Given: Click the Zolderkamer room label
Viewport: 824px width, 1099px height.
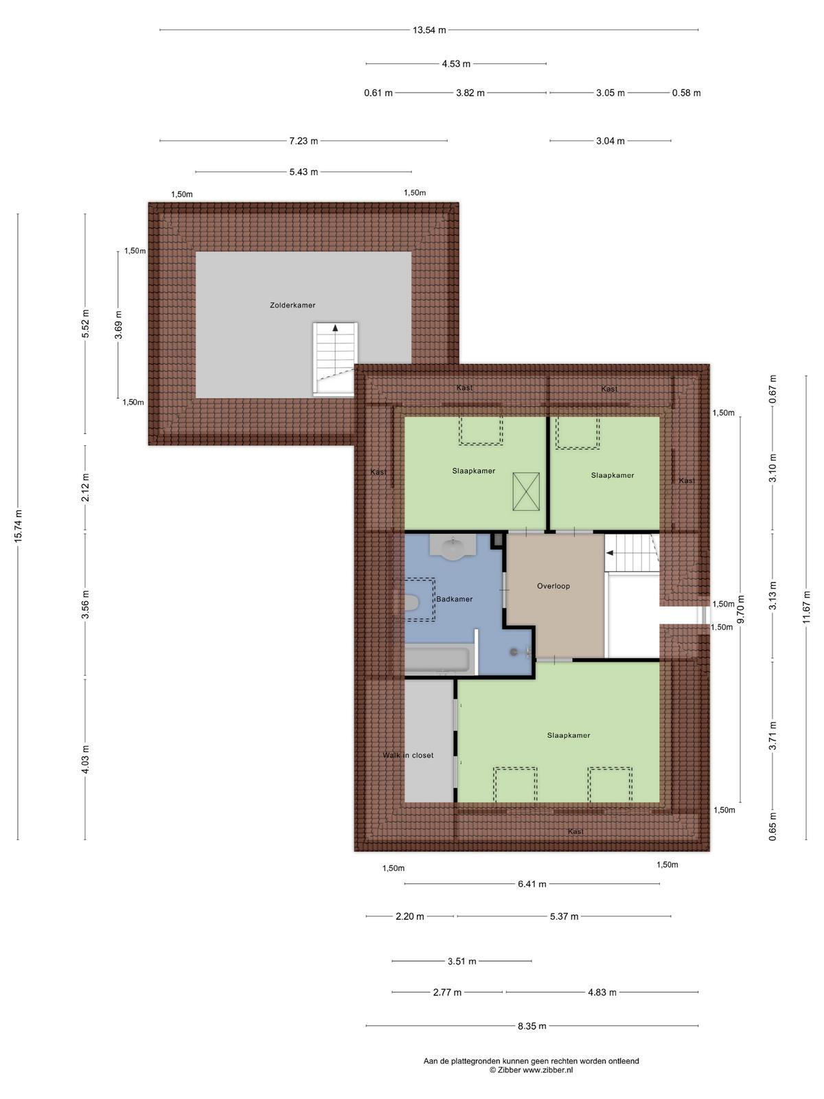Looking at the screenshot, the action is click(293, 305).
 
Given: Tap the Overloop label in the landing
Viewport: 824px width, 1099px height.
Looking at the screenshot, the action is click(553, 586).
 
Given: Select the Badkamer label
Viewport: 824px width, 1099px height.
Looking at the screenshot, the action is click(455, 599).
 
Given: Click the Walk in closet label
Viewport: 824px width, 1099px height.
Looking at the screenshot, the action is click(409, 755).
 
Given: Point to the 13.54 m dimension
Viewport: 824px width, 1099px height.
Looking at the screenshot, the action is click(429, 30).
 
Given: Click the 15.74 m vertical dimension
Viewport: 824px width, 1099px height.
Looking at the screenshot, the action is click(19, 525).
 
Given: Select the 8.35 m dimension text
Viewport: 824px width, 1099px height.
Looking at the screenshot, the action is click(531, 1026).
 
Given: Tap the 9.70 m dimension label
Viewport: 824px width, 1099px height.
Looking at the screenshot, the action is click(741, 609).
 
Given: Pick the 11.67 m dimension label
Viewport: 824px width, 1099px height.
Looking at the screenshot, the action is click(806, 607).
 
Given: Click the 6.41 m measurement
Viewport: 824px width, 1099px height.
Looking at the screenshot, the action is click(531, 884).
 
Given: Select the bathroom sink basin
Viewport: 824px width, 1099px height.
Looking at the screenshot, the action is click(453, 547).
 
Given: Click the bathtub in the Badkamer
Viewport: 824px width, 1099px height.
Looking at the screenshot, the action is click(437, 660).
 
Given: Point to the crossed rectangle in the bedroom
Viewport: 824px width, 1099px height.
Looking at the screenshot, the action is click(526, 492).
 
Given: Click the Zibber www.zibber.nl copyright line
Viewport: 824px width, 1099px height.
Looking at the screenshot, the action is click(531, 1069).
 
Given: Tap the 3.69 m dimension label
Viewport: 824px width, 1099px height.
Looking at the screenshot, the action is click(119, 325).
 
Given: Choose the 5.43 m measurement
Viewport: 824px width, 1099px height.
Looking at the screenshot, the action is click(304, 172).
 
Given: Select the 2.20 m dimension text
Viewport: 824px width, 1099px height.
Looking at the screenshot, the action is click(410, 916).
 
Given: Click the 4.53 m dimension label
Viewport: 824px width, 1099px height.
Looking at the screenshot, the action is click(456, 64).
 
